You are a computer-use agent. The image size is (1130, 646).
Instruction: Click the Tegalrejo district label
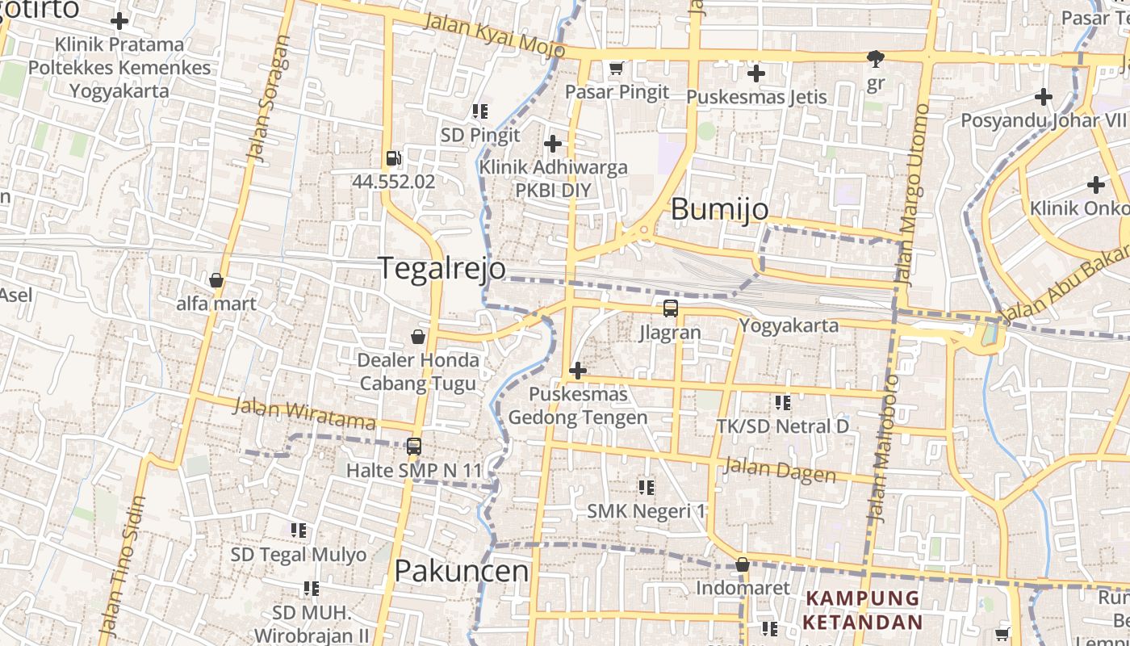click(x=442, y=268)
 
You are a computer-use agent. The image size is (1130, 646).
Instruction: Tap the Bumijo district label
click(x=719, y=210)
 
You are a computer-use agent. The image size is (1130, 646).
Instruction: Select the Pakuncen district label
click(x=461, y=571)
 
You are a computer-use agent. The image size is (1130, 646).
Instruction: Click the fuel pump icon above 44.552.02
click(x=393, y=159)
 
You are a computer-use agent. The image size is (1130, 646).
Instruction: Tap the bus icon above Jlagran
click(x=670, y=308)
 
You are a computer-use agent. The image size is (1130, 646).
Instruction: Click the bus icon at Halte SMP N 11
click(x=413, y=446)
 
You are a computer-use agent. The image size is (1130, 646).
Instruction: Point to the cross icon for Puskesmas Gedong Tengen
click(x=577, y=371)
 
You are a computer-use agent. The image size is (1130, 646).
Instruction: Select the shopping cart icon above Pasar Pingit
click(x=617, y=69)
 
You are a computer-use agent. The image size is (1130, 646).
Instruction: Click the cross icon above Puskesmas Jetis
click(x=755, y=74)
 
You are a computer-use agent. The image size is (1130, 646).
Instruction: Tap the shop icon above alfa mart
click(x=216, y=281)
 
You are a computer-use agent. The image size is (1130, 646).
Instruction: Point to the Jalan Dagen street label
click(x=779, y=470)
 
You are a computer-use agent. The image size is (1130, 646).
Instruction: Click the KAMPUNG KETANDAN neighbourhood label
click(x=863, y=610)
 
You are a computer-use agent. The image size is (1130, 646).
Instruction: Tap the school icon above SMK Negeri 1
click(x=646, y=487)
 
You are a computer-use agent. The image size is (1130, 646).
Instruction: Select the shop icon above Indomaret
click(x=742, y=565)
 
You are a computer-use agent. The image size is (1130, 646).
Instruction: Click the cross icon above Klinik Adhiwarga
click(x=553, y=145)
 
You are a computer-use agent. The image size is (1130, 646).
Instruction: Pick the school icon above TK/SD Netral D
click(x=782, y=402)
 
